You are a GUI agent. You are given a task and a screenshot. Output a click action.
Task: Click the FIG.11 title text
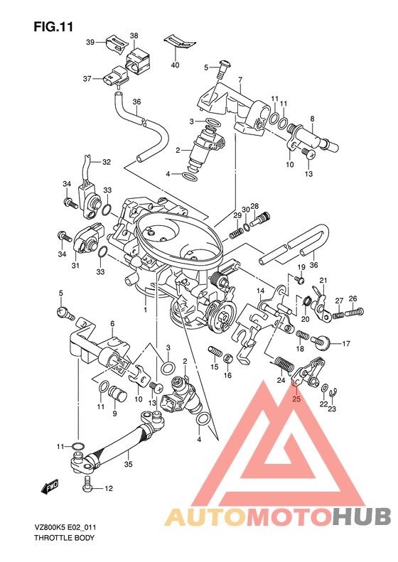pos(53,26)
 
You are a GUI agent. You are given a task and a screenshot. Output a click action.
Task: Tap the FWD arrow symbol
pos(50,487)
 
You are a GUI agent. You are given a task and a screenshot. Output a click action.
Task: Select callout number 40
pos(175,65)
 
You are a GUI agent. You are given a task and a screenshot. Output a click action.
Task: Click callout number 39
pos(90,43)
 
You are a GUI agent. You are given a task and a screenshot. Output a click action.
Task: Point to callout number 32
pos(107,162)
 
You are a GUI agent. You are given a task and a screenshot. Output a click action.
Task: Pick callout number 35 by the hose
pos(128,464)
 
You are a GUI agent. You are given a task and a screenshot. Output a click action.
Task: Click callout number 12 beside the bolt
pos(108,488)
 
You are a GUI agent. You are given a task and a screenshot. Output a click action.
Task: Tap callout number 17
pos(345,344)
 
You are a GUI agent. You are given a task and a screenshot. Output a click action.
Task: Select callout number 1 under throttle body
pos(145,309)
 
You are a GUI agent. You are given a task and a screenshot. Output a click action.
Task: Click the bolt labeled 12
pos(87,483)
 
